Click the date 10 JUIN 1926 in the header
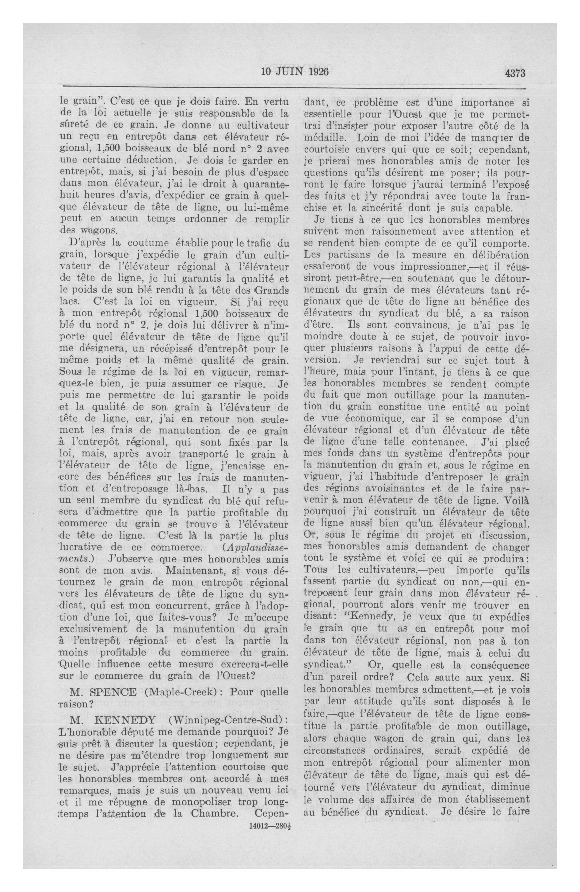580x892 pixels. (x=295, y=72)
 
